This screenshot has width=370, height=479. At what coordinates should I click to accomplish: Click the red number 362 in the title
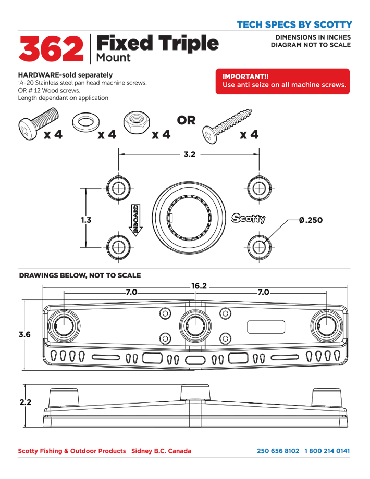pos(51,49)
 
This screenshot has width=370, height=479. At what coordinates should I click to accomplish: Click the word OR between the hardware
pos(186,121)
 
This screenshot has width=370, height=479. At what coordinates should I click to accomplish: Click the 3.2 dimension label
pos(190,154)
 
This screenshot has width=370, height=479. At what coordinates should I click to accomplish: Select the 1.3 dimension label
pos(86,220)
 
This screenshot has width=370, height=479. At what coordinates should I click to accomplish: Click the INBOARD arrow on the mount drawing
pos(135,219)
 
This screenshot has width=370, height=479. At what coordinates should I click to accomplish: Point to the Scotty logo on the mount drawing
pos(249,219)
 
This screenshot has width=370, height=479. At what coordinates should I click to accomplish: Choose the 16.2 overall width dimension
pos(199,286)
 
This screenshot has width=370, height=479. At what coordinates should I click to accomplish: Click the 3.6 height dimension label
pos(24,335)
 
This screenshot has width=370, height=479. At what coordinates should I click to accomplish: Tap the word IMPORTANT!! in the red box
pos(242,77)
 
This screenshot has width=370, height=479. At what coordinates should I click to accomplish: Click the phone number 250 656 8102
pos(278,451)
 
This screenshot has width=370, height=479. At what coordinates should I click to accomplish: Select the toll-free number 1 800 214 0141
pos(327,451)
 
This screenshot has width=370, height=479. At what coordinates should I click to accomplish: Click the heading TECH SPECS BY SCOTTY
pos(294,24)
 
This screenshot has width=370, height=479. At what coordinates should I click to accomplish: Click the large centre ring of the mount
pos(190,219)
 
